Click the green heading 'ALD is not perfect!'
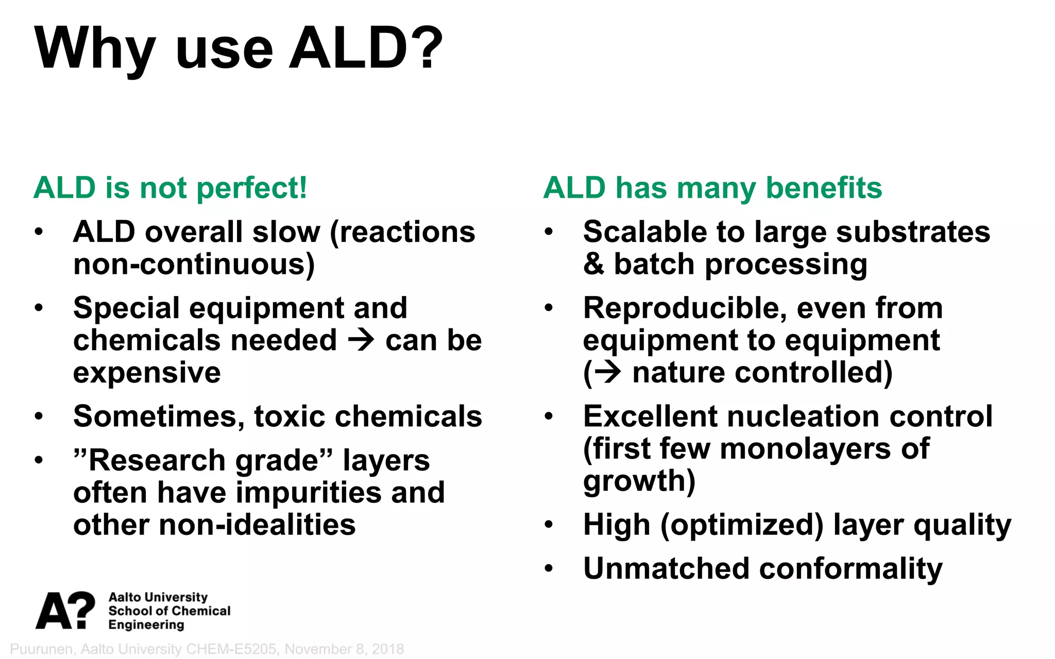point(170,188)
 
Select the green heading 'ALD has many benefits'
point(712,188)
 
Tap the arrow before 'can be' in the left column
point(361,340)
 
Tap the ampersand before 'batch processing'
point(593,265)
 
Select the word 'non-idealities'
point(257,525)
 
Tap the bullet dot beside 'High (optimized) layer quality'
point(549,525)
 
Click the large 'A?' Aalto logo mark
point(65,611)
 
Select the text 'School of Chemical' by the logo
point(169,611)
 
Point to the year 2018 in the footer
point(387,649)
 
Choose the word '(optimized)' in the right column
point(742,525)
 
